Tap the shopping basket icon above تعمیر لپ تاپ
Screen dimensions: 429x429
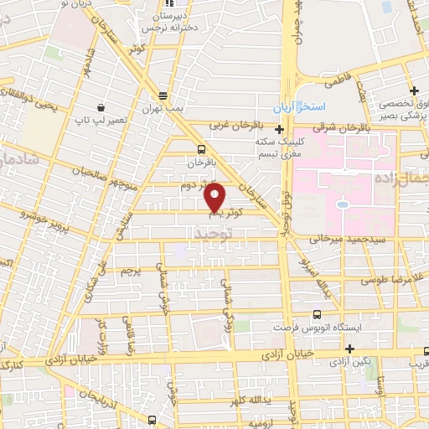[x=101, y=107]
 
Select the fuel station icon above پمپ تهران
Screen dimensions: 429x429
[x=162, y=96]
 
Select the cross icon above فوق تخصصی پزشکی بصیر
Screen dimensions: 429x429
[x=413, y=90]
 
